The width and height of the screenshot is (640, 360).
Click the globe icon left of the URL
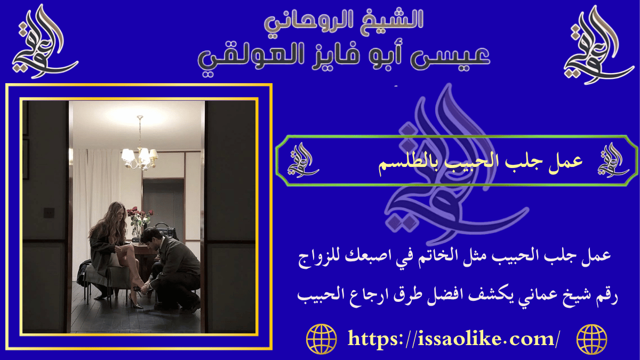[x=322, y=339]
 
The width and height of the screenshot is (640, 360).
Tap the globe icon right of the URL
[x=591, y=339]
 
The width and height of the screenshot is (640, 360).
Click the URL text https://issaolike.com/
[x=454, y=339]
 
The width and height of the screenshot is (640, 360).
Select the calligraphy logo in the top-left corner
[x=43, y=43]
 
